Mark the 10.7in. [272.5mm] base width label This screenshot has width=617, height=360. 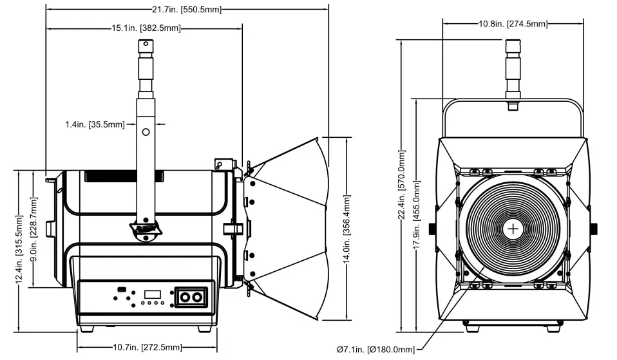click(x=144, y=348)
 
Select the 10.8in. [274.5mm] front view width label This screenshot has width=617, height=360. click(x=513, y=24)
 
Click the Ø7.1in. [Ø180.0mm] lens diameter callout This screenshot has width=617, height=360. click(x=375, y=349)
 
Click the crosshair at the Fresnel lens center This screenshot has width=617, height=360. click(x=513, y=228)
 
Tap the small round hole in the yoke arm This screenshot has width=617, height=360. click(x=146, y=132)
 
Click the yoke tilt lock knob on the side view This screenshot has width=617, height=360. click(x=146, y=230)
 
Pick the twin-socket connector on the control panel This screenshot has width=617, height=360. click(x=191, y=298)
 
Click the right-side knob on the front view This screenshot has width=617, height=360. click(x=593, y=228)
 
